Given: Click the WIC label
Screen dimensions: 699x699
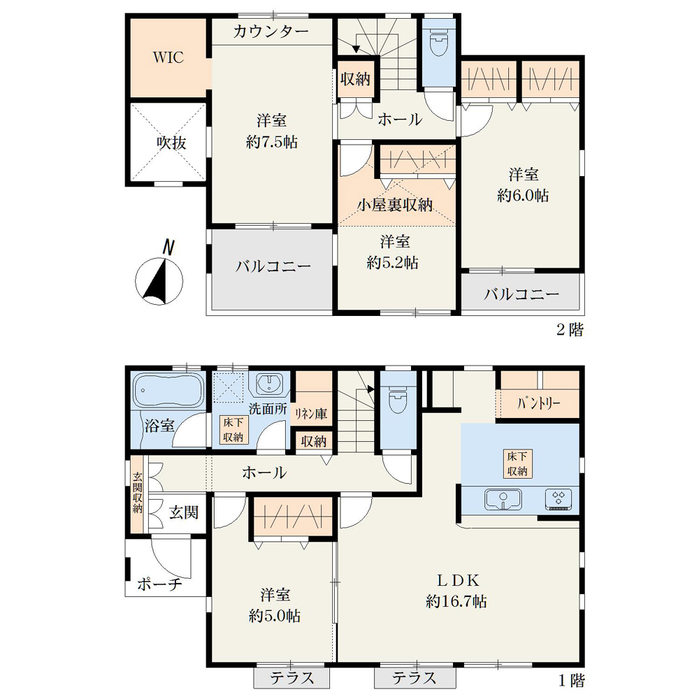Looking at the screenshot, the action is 168,57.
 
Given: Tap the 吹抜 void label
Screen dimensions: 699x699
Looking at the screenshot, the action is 171,143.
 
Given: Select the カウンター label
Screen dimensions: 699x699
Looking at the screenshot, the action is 271,31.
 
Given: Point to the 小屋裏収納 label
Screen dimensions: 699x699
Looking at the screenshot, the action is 395,205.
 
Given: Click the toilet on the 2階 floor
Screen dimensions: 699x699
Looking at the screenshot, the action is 439,43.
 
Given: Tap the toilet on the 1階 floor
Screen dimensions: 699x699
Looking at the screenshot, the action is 398,399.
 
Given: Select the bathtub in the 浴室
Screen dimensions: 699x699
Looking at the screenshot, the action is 168,391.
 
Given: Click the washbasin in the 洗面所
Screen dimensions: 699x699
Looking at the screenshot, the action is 269,383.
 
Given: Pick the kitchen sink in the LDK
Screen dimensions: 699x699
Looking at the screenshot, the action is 503,499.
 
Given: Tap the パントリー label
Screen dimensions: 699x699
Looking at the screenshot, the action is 538,404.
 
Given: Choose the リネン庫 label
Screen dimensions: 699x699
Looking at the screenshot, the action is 311,414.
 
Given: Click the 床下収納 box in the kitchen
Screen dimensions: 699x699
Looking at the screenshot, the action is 517,463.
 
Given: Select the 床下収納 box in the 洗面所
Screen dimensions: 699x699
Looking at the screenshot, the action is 233,430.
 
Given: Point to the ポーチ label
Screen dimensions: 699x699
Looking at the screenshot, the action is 160,584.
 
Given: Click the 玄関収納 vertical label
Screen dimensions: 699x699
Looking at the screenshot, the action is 137,493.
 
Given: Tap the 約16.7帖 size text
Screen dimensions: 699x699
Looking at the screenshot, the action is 456,601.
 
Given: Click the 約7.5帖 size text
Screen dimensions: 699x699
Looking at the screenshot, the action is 271,142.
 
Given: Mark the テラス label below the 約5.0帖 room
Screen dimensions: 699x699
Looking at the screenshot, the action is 292,678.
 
